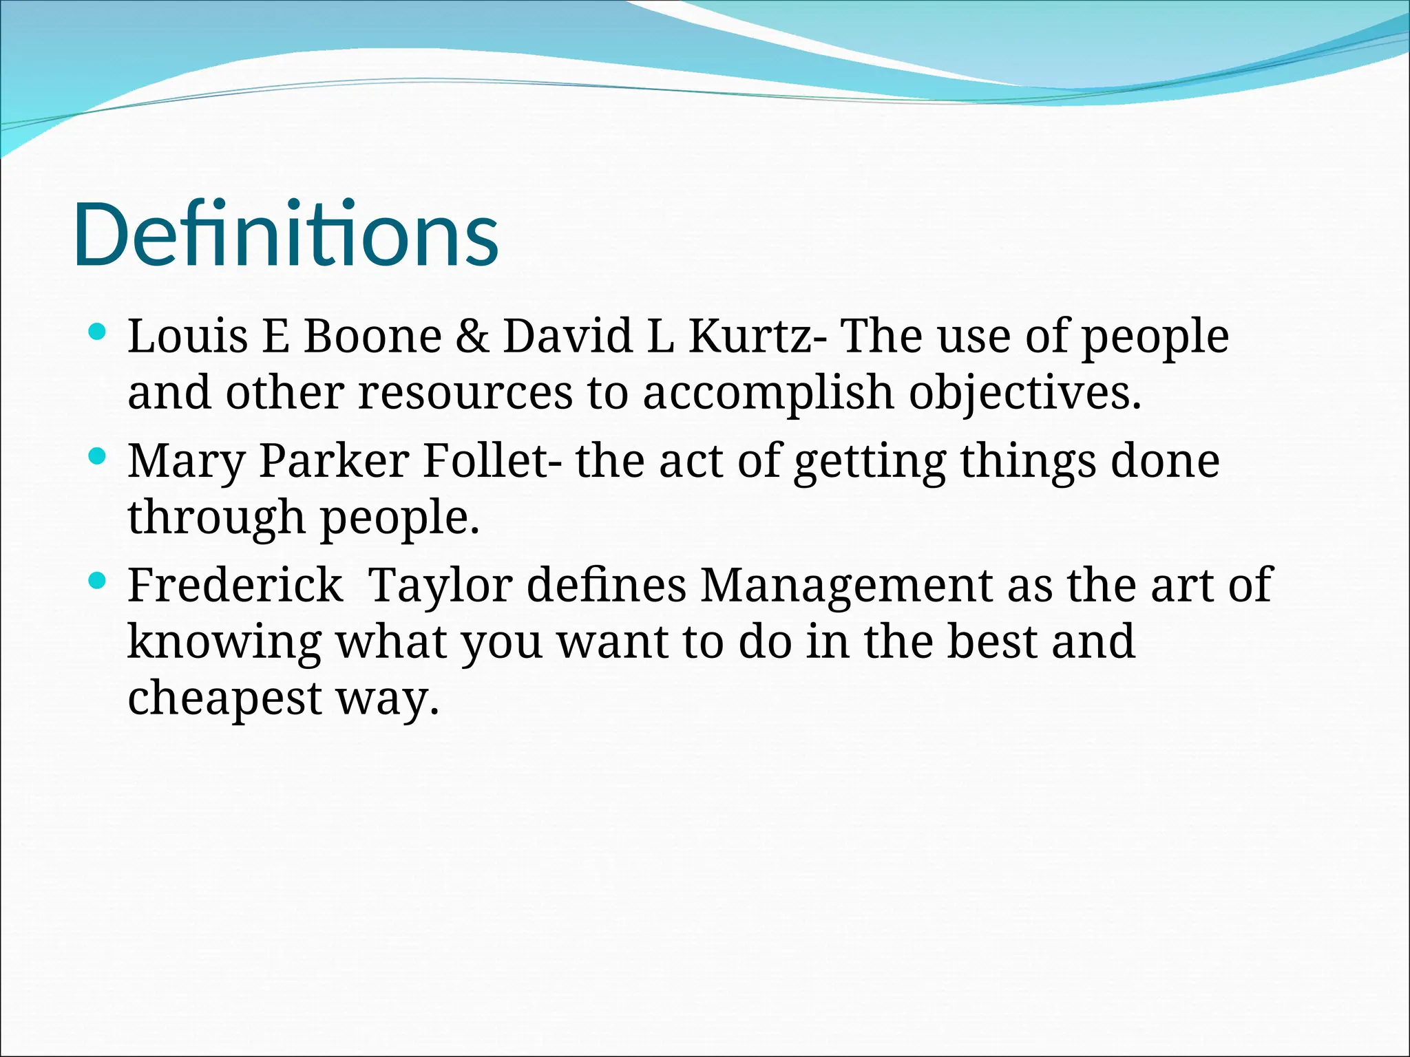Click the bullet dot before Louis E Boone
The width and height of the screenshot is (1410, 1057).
[x=98, y=333]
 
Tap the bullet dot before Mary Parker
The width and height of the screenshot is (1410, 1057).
[x=98, y=457]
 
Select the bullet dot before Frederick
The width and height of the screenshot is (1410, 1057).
[x=98, y=581]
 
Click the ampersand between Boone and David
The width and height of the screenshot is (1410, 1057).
[x=472, y=337]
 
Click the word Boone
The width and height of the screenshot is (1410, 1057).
[x=372, y=337]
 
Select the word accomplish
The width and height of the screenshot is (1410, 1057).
[x=768, y=394]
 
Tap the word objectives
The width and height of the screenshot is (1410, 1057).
[x=1024, y=394]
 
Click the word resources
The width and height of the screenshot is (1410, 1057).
[x=465, y=393]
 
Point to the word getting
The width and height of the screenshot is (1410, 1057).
[x=870, y=462]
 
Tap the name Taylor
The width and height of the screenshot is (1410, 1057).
[x=440, y=586]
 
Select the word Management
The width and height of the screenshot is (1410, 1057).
[x=846, y=586]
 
